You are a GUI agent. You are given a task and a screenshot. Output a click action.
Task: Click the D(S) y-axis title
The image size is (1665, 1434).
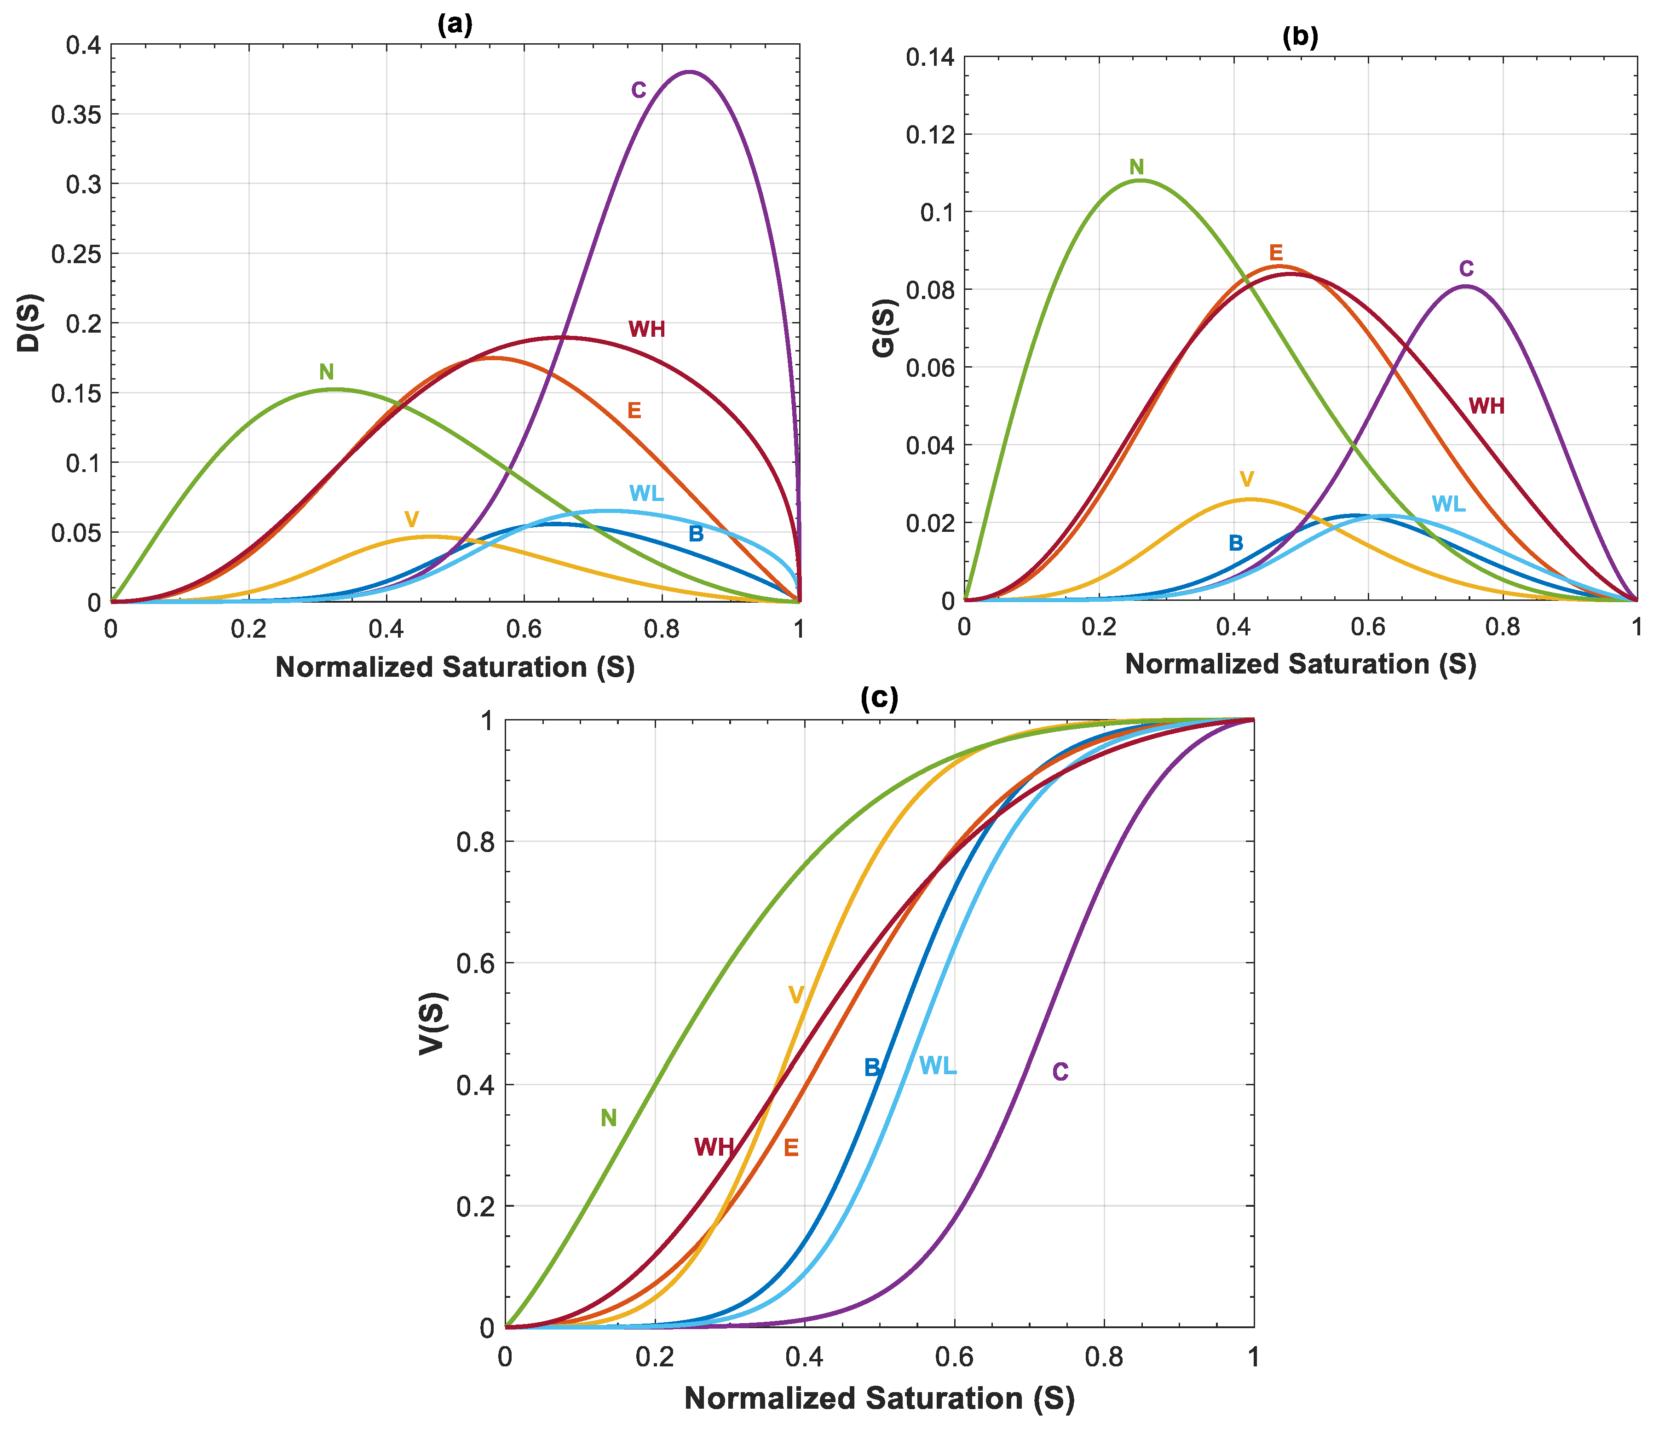[x=30, y=323]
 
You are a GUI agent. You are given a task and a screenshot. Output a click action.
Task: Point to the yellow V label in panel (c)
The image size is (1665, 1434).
[x=795, y=996]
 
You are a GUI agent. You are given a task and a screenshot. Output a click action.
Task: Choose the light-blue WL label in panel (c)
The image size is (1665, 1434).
[x=937, y=1066]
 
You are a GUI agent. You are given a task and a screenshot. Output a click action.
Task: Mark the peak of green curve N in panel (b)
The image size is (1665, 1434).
[x=1140, y=180]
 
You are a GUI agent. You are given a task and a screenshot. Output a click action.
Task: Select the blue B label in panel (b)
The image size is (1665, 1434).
[x=1235, y=544]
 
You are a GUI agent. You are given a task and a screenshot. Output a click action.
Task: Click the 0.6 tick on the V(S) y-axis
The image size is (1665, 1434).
[x=474, y=963]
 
